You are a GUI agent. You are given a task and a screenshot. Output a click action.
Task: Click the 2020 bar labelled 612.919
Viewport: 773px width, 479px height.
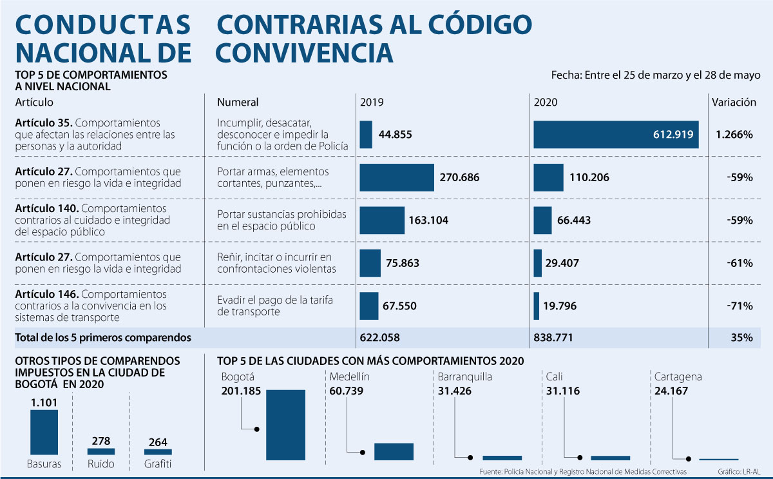click(616, 135)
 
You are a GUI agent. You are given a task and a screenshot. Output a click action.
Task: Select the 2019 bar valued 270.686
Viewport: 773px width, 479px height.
click(397, 177)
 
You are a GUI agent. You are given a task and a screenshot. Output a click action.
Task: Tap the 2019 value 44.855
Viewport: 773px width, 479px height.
click(395, 135)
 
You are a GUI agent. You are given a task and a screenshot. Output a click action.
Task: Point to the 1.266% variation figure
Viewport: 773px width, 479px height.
click(734, 135)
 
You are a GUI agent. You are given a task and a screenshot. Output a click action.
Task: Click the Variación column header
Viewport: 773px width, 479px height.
click(734, 102)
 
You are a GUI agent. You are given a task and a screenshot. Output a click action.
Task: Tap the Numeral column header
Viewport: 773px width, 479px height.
click(238, 102)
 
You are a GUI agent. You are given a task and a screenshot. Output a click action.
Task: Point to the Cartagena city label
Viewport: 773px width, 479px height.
click(678, 377)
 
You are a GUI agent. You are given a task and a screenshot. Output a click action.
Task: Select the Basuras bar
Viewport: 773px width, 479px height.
click(44, 433)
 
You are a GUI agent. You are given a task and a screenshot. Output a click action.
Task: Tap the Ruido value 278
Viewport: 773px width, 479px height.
click(100, 441)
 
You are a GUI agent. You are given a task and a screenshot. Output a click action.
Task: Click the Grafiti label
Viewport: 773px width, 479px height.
click(158, 464)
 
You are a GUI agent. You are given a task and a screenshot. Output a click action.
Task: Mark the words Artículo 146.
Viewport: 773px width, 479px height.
click(47, 295)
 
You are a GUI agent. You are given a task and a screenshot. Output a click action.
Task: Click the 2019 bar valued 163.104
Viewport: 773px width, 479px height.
click(381, 220)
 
